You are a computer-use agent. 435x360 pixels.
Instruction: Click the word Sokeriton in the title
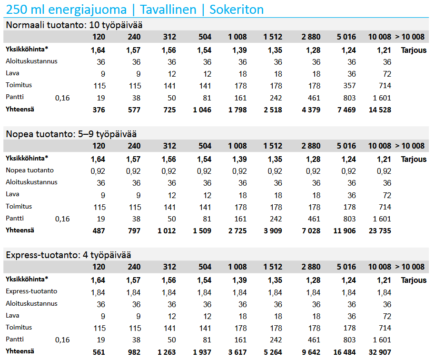point(236,9)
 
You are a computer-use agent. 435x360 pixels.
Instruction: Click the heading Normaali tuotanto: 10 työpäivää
point(74,25)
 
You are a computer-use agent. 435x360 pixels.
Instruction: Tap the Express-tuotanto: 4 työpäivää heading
point(68,255)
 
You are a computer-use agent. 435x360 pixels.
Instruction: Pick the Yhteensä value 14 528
point(380,110)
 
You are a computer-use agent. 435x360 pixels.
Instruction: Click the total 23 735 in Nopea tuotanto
point(380,231)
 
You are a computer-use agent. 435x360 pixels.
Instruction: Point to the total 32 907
point(380,352)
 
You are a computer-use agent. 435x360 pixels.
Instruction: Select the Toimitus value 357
point(346,86)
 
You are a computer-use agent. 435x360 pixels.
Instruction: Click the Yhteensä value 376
point(99,110)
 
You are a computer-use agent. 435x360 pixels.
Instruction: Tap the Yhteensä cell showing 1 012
point(167,231)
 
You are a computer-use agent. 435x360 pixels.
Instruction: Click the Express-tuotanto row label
point(31,291)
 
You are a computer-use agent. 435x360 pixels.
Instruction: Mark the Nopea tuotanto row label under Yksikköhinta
point(30,170)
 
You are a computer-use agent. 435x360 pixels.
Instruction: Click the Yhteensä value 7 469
point(346,110)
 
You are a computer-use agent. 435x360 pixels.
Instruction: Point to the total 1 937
point(202,352)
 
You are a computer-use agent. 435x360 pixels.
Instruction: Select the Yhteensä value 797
point(134,231)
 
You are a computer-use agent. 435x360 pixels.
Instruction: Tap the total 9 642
point(310,352)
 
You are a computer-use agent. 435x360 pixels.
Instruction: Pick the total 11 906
point(344,231)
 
